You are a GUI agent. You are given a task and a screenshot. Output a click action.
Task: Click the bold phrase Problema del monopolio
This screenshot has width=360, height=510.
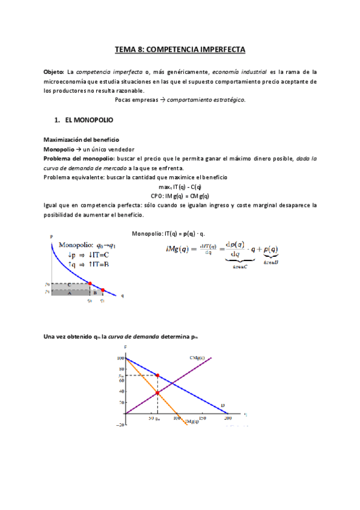[76, 158]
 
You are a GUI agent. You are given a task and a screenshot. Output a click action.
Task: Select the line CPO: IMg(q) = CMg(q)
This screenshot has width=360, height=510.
[180, 196]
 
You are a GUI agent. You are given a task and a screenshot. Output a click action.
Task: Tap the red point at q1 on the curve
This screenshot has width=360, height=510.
[102, 290]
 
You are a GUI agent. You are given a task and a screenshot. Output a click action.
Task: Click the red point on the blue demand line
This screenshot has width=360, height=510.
[157, 375]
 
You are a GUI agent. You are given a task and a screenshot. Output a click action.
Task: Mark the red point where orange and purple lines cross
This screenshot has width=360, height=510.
[157, 393]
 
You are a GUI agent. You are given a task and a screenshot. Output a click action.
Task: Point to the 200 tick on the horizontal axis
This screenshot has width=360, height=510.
[227, 417]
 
